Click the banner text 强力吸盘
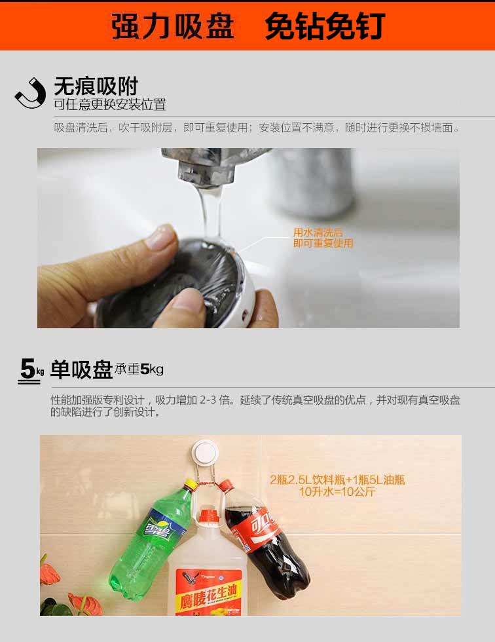173,26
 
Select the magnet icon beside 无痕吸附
30,93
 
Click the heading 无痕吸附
96,86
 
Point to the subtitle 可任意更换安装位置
109,105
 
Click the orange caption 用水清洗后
318,233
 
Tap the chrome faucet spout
200,164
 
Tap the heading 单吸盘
81,370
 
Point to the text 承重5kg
139,369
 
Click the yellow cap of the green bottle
190,485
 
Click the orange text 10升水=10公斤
337,492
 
